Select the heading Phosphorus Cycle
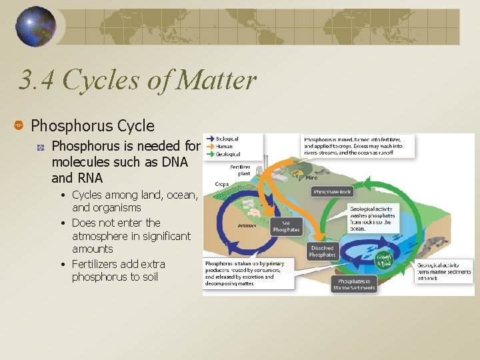pos(93,125)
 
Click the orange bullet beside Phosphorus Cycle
pos(19,125)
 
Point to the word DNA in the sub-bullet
pos(174,162)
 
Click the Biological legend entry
pos(227,139)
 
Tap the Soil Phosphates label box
pos(285,226)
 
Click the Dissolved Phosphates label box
pos(322,251)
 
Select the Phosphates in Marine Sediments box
pos(356,285)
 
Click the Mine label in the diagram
pos(311,177)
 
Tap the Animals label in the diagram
pos(247,225)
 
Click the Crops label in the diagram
pos(222,183)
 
